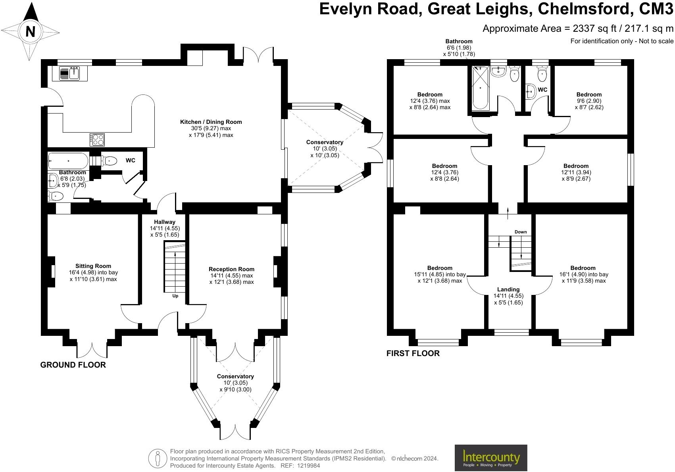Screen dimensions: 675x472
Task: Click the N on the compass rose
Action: [31, 31]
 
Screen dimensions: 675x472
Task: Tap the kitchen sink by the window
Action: [69, 73]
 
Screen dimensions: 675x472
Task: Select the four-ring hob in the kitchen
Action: [97, 140]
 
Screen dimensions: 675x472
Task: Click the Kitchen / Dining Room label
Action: [211, 122]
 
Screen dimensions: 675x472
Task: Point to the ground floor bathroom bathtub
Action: [68, 161]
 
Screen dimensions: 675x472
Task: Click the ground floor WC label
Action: [131, 160]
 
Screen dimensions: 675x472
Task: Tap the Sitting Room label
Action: [93, 266]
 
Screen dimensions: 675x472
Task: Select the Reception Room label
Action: [231, 269]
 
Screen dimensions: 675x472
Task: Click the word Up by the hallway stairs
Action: [175, 296]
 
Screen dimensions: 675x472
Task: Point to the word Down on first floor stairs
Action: [521, 232]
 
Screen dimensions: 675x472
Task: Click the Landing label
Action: [508, 289]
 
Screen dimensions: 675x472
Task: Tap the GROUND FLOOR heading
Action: [73, 365]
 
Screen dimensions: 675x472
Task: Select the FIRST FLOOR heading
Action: [413, 353]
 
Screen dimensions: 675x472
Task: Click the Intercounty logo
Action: [491, 458]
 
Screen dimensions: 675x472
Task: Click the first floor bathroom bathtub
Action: [480, 88]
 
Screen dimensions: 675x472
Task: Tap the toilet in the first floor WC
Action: [542, 74]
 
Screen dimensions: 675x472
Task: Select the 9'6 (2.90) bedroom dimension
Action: [589, 101]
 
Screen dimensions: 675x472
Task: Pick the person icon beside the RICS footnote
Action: [157, 459]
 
